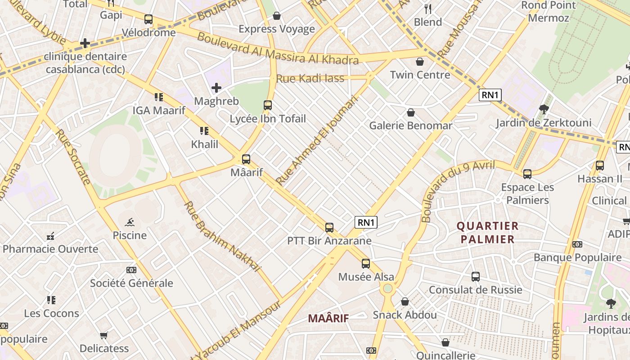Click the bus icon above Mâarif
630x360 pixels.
pyautogui.click(x=246, y=159)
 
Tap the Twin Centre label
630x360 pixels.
pyautogui.click(x=420, y=75)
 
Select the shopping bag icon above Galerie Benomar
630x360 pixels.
pyautogui.click(x=411, y=112)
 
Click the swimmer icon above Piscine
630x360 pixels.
pyautogui.click(x=130, y=222)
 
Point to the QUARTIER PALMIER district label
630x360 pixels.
pyautogui.click(x=487, y=232)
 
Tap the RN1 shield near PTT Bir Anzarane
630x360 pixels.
pyautogui.click(x=366, y=222)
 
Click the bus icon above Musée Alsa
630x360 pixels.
pyautogui.click(x=366, y=264)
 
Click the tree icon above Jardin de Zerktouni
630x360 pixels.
pyautogui.click(x=544, y=109)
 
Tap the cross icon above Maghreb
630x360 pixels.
pyautogui.click(x=216, y=88)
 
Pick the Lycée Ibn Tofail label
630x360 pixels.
pyautogui.click(x=268, y=119)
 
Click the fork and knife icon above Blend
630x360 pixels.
pyautogui.click(x=428, y=9)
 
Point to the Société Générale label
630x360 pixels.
pyautogui.click(x=131, y=283)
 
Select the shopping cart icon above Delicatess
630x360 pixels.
pyautogui.click(x=104, y=335)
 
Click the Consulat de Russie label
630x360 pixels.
pyautogui.click(x=476, y=290)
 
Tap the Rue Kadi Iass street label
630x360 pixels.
pyautogui.click(x=310, y=78)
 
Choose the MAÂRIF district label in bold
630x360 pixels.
pyautogui.click(x=328, y=319)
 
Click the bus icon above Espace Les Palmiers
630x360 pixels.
pyautogui.click(x=527, y=174)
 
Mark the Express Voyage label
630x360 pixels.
pyautogui.click(x=277, y=29)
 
